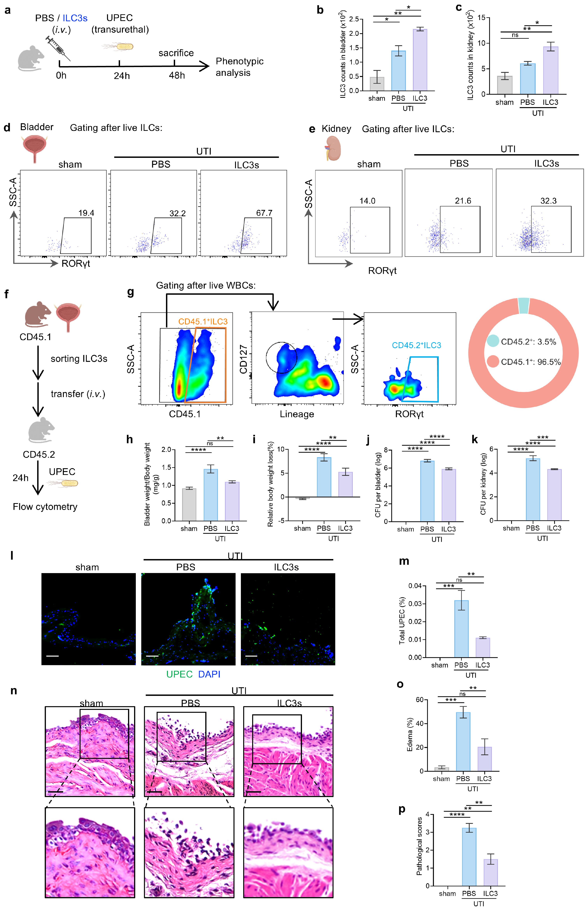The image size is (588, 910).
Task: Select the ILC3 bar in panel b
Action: (x=420, y=60)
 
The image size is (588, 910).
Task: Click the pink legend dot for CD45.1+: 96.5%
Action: (x=492, y=361)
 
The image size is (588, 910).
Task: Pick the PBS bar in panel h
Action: (x=210, y=495)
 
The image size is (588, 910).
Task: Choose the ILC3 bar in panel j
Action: (x=449, y=495)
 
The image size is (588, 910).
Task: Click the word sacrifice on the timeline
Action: (x=176, y=53)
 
